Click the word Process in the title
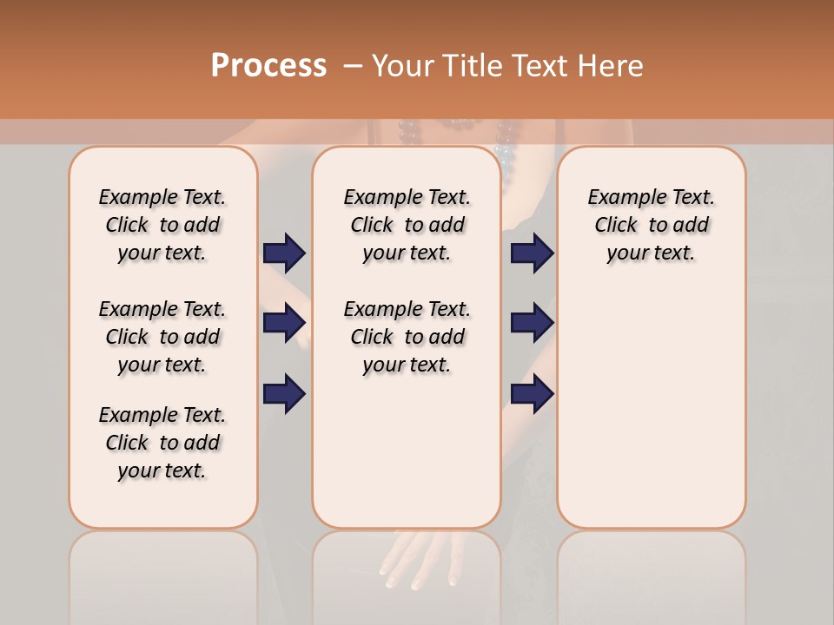(x=268, y=65)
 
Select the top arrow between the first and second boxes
(x=284, y=253)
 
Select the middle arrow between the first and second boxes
(x=284, y=323)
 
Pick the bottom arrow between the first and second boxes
(x=284, y=394)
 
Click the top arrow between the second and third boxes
(x=532, y=253)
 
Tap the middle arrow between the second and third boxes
(x=532, y=323)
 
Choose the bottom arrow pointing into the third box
(x=532, y=394)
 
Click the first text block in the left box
(x=162, y=225)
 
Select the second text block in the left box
(x=162, y=337)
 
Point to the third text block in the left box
(x=162, y=443)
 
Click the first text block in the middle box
(x=407, y=225)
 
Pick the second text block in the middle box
(x=407, y=337)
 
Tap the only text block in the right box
(x=651, y=225)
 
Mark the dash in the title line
(x=353, y=66)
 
